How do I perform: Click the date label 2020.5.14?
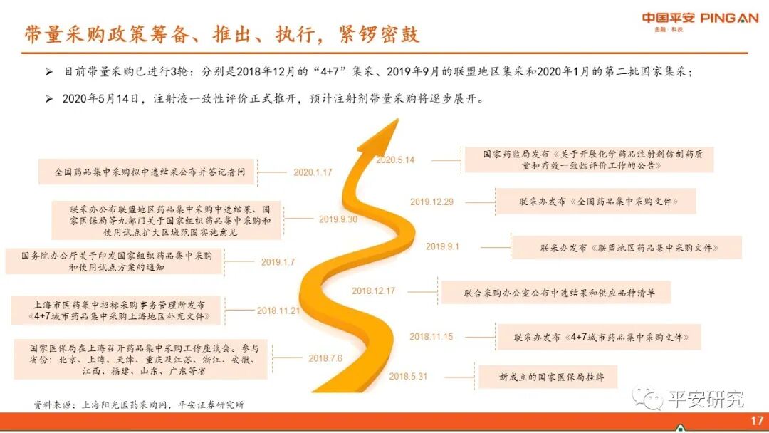tap(395, 160)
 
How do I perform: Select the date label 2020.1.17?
tap(313, 172)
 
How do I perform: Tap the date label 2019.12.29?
tap(431, 202)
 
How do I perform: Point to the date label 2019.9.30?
tap(338, 219)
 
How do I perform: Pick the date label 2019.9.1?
tap(443, 246)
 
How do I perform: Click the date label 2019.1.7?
tap(278, 262)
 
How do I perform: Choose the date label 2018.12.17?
tap(373, 291)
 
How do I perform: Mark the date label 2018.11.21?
tap(278, 311)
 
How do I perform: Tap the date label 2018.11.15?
tap(431, 336)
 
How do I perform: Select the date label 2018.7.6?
tap(325, 358)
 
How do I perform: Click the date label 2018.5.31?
tap(408, 375)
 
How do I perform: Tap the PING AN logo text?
tap(729, 18)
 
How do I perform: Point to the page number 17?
tap(757, 421)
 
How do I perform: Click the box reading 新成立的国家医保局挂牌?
tap(547, 376)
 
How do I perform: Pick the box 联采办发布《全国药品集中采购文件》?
tap(595, 202)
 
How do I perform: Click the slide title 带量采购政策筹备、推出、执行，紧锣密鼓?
tap(221, 33)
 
